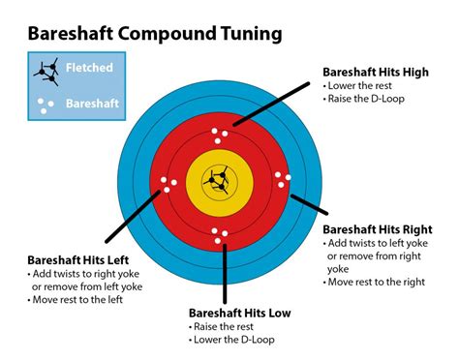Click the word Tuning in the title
tap(252, 34)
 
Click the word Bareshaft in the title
tap(71, 33)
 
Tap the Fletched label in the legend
tap(89, 68)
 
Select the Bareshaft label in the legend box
tap(93, 104)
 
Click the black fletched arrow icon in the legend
tap(46, 72)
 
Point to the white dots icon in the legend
tap(46, 105)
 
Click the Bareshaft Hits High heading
tap(376, 72)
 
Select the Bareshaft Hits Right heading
tap(378, 229)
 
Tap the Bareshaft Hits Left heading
tap(78, 260)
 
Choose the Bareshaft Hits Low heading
tap(240, 313)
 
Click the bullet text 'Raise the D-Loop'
tap(364, 99)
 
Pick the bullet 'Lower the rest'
tap(357, 85)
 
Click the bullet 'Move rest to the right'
tap(374, 282)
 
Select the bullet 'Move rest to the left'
tap(76, 299)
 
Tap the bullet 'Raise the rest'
tap(221, 326)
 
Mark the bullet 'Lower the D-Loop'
tap(231, 340)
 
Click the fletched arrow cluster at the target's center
tap(217, 180)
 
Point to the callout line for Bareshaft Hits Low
tap(225, 274)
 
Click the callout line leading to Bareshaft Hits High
tap(271, 104)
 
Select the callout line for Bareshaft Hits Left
tap(133, 216)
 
